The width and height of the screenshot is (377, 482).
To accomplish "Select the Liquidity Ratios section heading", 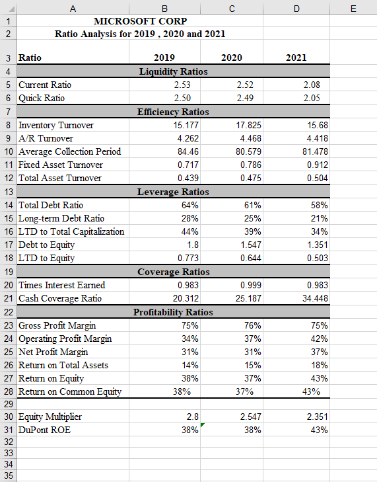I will pyautogui.click(x=173, y=71).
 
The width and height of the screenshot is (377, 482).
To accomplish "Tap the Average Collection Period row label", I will pyautogui.click(x=69, y=151).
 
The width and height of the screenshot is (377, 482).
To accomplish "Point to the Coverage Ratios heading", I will pyautogui.click(x=173, y=272).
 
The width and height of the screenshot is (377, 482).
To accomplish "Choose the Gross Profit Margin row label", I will pyautogui.click(x=57, y=325).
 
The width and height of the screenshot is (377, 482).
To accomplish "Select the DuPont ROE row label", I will pyautogui.click(x=46, y=430).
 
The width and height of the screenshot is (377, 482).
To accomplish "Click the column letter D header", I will pyautogui.click(x=296, y=7).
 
